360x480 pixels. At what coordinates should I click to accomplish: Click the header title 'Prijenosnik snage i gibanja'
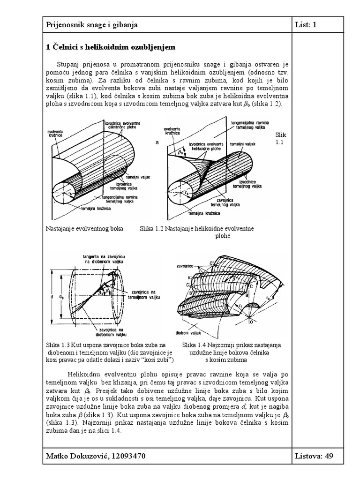91,25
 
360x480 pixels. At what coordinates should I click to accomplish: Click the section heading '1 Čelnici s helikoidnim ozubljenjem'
110,47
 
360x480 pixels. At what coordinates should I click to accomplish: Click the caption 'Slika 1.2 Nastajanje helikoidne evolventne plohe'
197,232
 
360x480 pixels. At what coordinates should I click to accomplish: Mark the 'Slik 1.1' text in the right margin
279,138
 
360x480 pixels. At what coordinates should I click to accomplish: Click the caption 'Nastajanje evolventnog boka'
84,229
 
